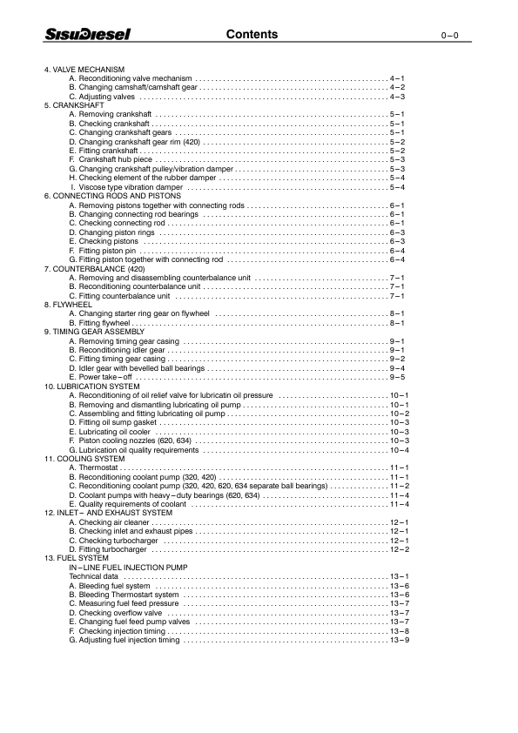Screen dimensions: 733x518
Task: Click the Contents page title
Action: [252, 35]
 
